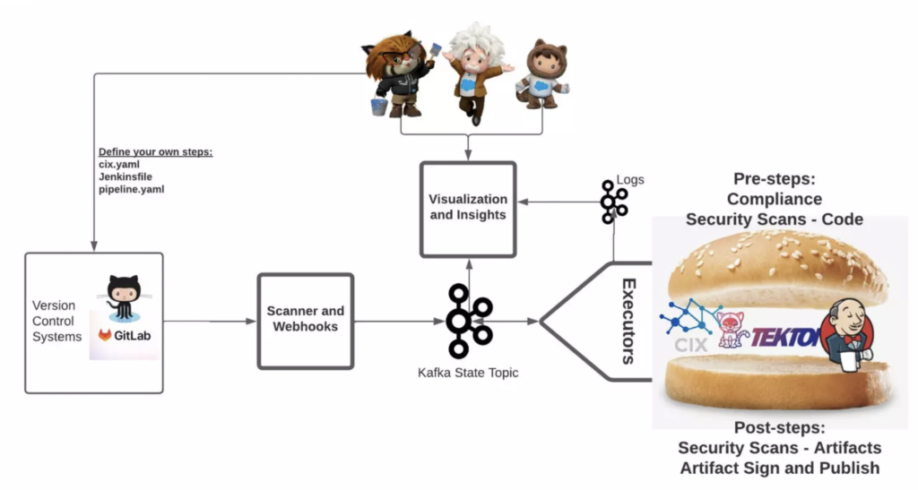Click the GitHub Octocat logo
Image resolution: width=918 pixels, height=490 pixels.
point(124,296)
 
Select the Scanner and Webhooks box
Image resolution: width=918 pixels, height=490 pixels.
point(305,320)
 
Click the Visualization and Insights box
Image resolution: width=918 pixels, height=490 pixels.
point(467,207)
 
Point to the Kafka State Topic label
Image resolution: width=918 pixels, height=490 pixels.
point(467,372)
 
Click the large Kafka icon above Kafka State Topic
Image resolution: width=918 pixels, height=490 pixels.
point(469,321)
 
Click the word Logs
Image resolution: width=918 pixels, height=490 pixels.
point(630,180)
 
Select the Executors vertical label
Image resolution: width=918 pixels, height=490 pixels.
point(628,321)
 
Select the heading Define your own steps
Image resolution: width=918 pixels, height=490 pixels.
point(155,152)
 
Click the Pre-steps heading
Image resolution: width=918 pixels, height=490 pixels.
point(774,179)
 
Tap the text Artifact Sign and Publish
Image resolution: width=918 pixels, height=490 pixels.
point(779,468)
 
